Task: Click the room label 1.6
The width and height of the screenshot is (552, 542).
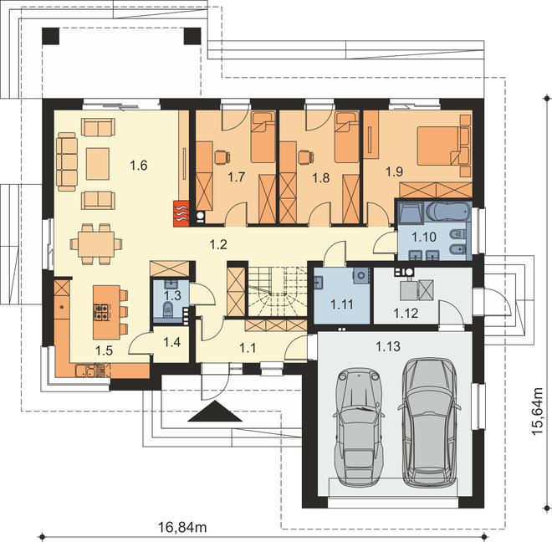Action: [x=139, y=165]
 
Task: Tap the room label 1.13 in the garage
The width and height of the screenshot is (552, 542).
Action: [x=388, y=346]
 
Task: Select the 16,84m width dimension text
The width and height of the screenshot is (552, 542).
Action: [x=182, y=527]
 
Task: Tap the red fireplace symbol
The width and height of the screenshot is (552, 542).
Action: [x=181, y=213]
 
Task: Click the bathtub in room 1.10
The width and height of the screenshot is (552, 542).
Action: [x=447, y=212]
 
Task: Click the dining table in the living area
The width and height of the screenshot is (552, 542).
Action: [x=96, y=243]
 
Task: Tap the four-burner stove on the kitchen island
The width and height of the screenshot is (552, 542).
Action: [x=102, y=312]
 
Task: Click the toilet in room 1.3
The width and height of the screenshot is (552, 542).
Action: [x=168, y=309]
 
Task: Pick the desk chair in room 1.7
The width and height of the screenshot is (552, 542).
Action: [x=222, y=156]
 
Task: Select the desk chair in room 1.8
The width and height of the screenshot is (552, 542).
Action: [x=306, y=157]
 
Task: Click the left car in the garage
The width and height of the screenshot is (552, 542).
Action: [x=358, y=426]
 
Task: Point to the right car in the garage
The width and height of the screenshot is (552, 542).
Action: [x=429, y=422]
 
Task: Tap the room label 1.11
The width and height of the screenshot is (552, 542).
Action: [x=342, y=304]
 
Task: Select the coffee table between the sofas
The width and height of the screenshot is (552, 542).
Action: [x=98, y=164]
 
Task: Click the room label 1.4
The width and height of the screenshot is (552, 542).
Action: [x=172, y=342]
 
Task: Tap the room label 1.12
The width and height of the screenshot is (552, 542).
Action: [x=406, y=313]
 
